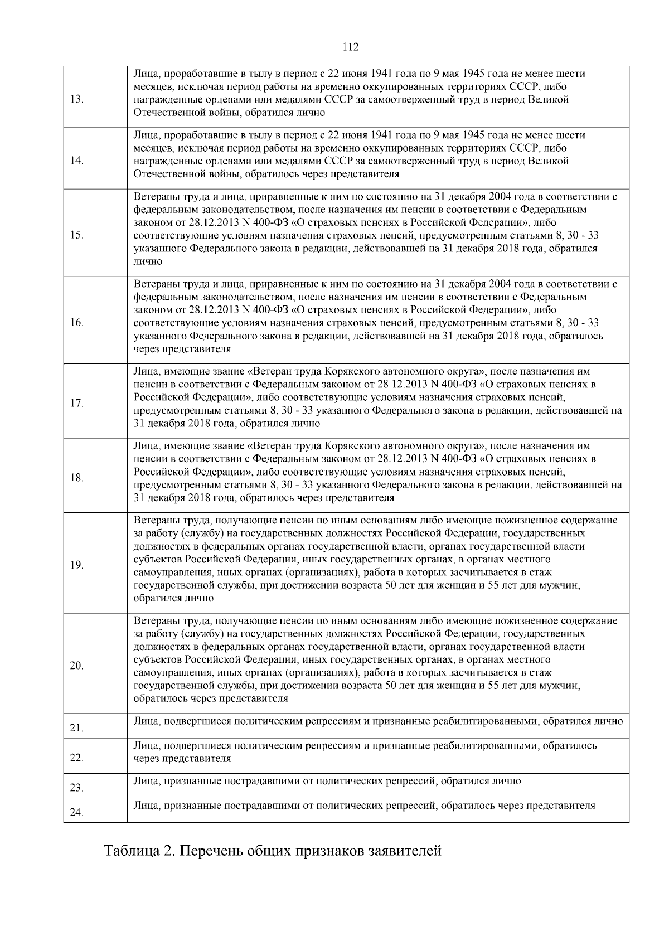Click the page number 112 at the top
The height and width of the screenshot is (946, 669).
click(351, 47)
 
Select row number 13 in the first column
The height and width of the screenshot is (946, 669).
click(77, 100)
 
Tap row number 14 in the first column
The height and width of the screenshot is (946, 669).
click(77, 161)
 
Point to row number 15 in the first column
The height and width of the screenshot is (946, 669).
click(77, 235)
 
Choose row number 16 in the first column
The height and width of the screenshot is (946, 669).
click(77, 323)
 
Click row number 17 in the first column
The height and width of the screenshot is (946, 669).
click(77, 404)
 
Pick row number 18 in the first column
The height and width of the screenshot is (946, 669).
click(77, 478)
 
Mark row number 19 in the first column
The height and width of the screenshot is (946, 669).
click(77, 565)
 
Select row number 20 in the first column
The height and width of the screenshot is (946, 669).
click(77, 666)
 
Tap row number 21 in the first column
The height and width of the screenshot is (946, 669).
click(77, 729)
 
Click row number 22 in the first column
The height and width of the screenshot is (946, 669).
click(77, 758)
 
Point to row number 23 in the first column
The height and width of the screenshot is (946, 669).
click(77, 788)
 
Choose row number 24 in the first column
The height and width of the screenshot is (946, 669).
click(77, 813)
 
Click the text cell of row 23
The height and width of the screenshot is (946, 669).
click(327, 782)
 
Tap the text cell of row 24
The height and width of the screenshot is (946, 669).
click(364, 806)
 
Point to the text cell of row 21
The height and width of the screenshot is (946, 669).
click(377, 721)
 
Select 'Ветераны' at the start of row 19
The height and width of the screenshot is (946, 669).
click(154, 520)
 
